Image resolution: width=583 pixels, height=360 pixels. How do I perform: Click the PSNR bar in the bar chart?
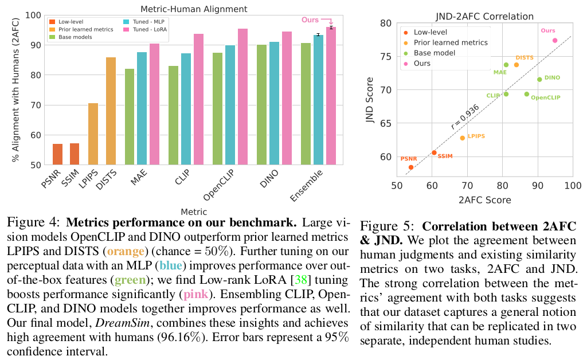pyautogui.click(x=58, y=154)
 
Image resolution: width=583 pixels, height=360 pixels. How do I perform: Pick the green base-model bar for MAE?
pyautogui.click(x=130, y=117)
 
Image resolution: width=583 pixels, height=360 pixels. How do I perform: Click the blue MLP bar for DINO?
pyautogui.click(x=275, y=103)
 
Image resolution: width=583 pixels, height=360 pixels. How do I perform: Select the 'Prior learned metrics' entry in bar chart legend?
pyautogui.click(x=77, y=29)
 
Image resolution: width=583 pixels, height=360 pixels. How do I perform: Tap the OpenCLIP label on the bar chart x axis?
pyautogui.click(x=220, y=182)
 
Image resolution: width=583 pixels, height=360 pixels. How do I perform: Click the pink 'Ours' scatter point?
pyautogui.click(x=554, y=41)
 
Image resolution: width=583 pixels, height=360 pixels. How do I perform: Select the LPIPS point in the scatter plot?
pyautogui.click(x=462, y=138)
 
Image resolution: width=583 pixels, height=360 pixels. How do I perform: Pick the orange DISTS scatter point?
pyautogui.click(x=517, y=65)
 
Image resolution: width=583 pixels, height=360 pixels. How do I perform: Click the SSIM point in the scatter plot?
pyautogui.click(x=434, y=152)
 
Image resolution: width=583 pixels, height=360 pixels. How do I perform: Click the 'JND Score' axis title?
pyautogui.click(x=370, y=97)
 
